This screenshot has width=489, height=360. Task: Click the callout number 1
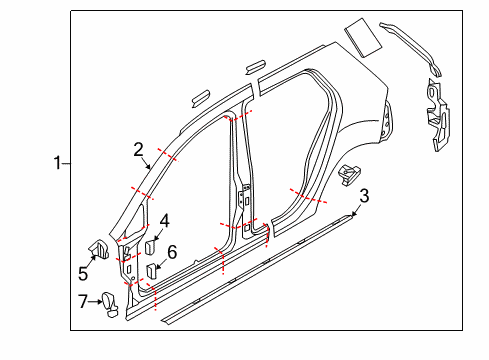click(x=58, y=163)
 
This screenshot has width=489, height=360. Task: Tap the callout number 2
click(x=138, y=150)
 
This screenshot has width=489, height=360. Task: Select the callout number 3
click(x=364, y=196)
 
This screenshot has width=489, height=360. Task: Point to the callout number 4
click(x=165, y=221)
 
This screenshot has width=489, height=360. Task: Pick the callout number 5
click(x=83, y=274)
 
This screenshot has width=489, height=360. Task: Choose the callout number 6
click(x=172, y=252)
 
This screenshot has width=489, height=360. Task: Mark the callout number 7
click(x=83, y=301)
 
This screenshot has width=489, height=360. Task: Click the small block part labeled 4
click(x=149, y=248)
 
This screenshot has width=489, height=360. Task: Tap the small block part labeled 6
click(x=152, y=270)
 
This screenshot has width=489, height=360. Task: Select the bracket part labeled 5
click(x=98, y=249)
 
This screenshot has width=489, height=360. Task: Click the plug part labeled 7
click(x=110, y=304)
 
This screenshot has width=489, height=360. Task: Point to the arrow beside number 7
click(x=95, y=302)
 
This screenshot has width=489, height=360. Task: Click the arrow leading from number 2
click(x=146, y=164)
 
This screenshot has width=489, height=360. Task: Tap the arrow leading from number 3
click(x=355, y=210)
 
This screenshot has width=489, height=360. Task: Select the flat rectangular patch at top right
click(x=363, y=37)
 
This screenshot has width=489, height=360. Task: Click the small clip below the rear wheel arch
click(x=349, y=174)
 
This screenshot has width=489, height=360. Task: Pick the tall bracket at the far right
click(x=438, y=114)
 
